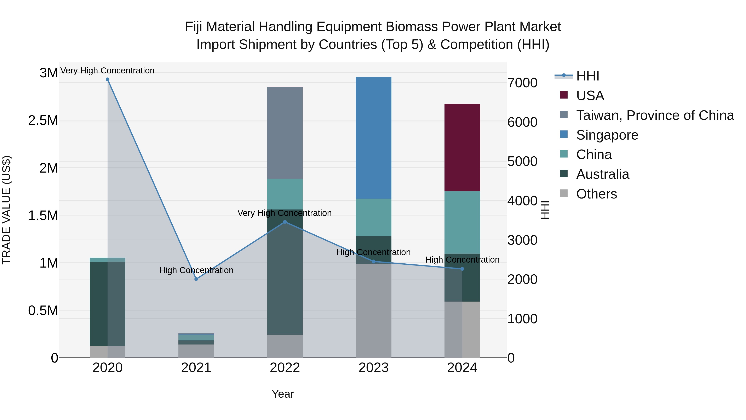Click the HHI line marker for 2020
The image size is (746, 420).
(x=107, y=79)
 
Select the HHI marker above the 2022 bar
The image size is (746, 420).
(x=285, y=222)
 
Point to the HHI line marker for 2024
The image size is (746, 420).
(x=462, y=269)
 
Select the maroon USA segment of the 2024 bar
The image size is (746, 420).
(x=462, y=147)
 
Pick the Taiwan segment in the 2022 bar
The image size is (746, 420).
(x=285, y=133)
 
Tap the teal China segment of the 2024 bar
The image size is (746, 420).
(x=462, y=222)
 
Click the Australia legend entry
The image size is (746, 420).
(x=602, y=174)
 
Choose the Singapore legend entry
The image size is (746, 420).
(x=607, y=135)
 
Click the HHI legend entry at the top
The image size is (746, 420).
(x=587, y=76)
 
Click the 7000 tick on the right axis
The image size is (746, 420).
(x=522, y=83)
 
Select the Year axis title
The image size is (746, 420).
(x=283, y=394)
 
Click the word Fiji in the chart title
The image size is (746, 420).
(x=194, y=27)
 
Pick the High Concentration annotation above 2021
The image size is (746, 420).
(x=196, y=270)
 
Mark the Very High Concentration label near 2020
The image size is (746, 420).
(x=107, y=71)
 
